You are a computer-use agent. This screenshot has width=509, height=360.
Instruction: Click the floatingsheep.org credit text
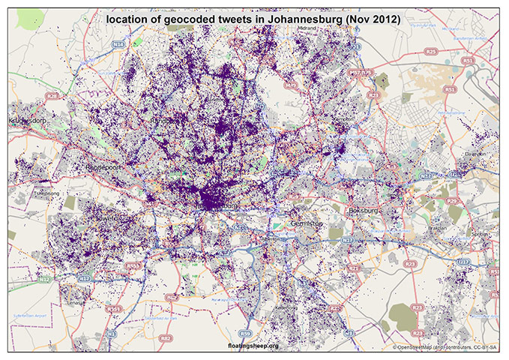coord(253,345)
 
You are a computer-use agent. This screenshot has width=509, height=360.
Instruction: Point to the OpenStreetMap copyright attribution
coord(445,346)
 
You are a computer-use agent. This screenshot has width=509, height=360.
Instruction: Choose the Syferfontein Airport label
coord(30,317)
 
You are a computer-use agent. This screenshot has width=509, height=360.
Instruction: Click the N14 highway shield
coord(118,46)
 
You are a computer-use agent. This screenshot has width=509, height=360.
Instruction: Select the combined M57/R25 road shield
coord(361,73)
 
